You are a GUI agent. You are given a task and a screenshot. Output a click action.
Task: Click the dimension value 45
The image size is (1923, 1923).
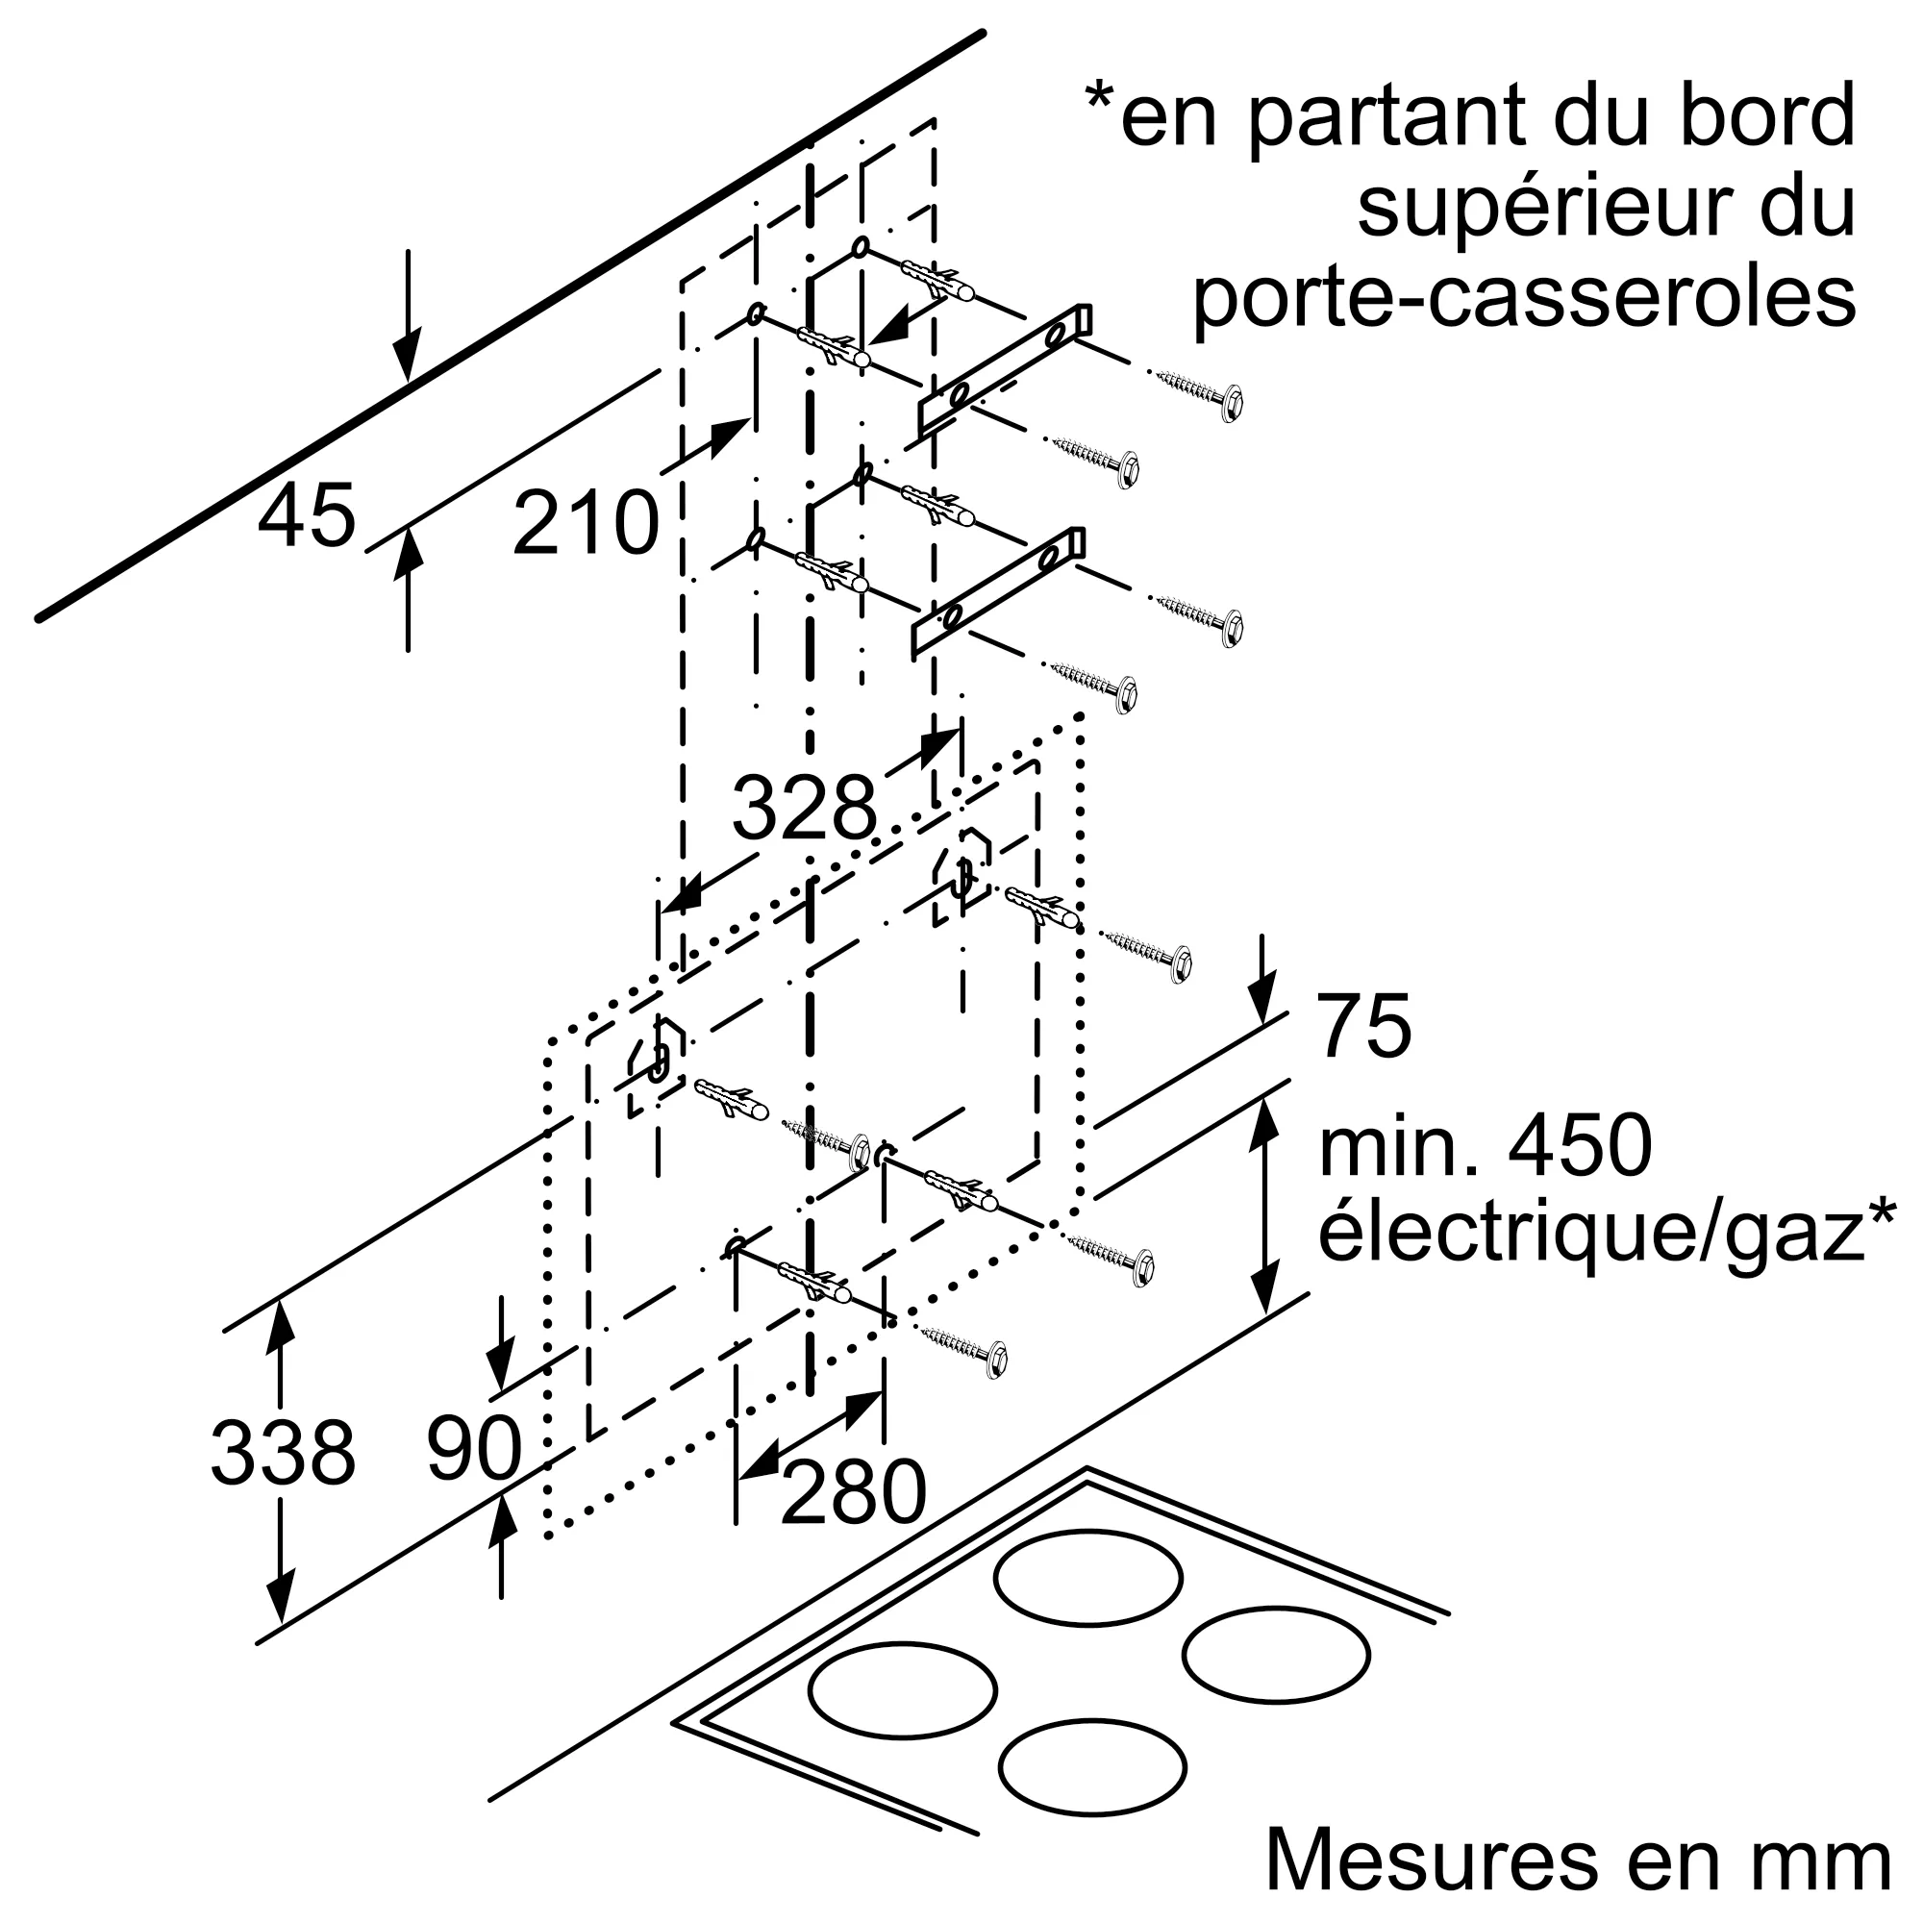[x=306, y=515]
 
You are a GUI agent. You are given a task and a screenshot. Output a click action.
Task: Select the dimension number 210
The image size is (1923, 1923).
[x=586, y=522]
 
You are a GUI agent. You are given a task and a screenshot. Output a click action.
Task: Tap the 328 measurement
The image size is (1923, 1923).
[x=804, y=808]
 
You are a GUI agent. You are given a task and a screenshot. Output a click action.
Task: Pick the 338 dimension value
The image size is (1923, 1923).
[x=283, y=1454]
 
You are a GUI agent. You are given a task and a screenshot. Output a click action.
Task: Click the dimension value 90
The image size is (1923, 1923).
[x=474, y=1449]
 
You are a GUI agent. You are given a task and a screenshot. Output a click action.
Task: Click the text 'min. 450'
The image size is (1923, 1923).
[x=1487, y=1148]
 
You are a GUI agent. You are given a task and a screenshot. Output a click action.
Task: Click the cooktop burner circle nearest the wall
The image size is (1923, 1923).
[x=1086, y=1578]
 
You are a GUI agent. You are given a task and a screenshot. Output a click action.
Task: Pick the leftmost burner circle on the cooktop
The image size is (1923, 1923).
[x=902, y=1690]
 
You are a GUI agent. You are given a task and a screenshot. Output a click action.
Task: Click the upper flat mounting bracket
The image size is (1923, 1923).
[x=1006, y=369]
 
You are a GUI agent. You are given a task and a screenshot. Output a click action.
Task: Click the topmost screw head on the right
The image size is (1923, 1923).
[x=1233, y=403]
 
